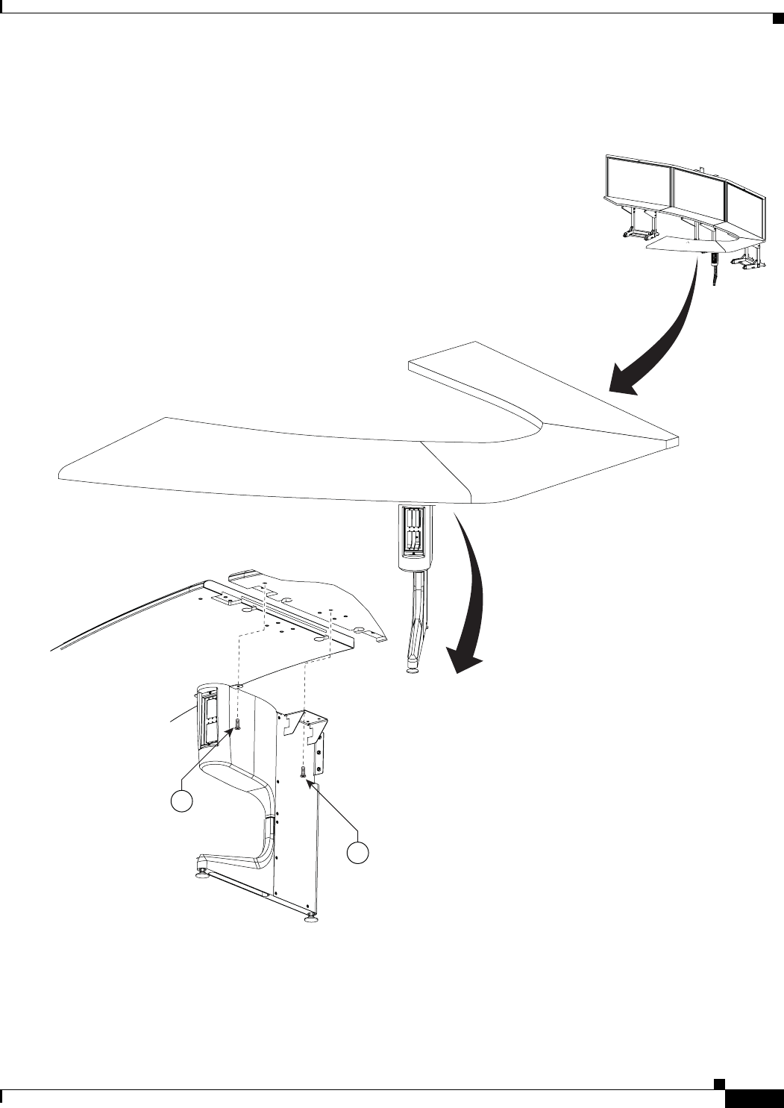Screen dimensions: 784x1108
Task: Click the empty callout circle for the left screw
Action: click(x=181, y=801)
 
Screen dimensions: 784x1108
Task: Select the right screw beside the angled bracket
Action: click(x=304, y=772)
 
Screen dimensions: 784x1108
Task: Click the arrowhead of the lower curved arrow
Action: click(x=462, y=660)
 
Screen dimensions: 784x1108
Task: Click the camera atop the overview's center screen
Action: click(x=702, y=168)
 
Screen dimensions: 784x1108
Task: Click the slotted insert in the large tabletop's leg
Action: click(x=413, y=531)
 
